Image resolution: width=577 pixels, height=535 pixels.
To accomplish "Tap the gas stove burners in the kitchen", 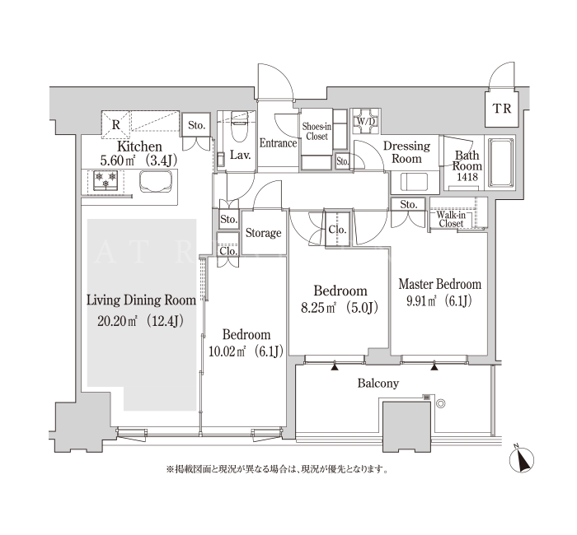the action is pyautogui.click(x=106, y=180).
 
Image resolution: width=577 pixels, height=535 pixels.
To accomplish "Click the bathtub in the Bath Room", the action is pyautogui.click(x=500, y=162).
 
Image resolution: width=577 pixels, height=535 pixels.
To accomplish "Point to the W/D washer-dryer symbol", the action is pyautogui.click(x=364, y=121).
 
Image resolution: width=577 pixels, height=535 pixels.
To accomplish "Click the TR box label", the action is pyautogui.click(x=502, y=109).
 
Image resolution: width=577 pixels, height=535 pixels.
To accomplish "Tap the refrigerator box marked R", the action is pyautogui.click(x=116, y=124).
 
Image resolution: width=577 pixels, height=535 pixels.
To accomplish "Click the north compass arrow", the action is pyautogui.click(x=522, y=459).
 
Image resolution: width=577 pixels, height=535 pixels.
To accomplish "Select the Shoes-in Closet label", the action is pyautogui.click(x=317, y=132).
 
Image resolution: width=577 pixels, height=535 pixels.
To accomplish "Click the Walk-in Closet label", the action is pyautogui.click(x=451, y=220).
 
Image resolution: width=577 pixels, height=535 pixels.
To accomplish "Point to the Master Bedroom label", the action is pyautogui.click(x=439, y=284).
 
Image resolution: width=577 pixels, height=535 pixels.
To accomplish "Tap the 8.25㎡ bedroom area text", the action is pyautogui.click(x=340, y=308).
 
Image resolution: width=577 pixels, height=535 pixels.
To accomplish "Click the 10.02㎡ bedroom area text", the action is pyautogui.click(x=246, y=351).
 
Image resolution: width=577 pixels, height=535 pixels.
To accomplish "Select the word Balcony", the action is pyautogui.click(x=378, y=384).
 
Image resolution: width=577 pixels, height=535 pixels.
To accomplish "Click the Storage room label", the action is pyautogui.click(x=264, y=233).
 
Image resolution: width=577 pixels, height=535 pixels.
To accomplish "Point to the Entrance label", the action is pyautogui.click(x=279, y=143).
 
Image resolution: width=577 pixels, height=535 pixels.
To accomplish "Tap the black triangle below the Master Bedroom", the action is pyautogui.click(x=434, y=366).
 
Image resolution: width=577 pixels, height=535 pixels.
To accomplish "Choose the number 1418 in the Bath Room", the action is pyautogui.click(x=467, y=177).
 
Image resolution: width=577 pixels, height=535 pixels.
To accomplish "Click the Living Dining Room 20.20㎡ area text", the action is pyautogui.click(x=141, y=322).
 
